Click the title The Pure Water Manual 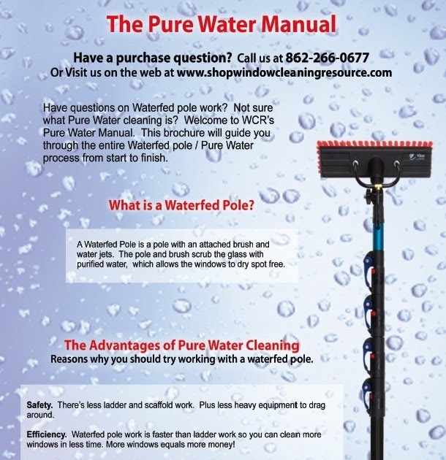[x=222, y=23]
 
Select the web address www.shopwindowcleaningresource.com [x=284, y=73]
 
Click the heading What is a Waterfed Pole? [x=181, y=206]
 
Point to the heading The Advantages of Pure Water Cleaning [x=181, y=345]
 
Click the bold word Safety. [x=39, y=405]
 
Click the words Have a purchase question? [x=153, y=58]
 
